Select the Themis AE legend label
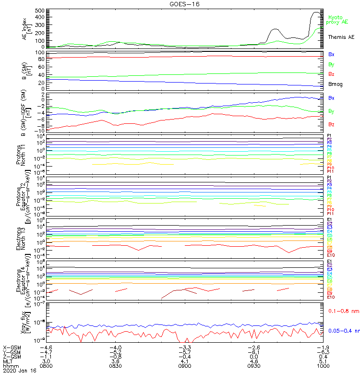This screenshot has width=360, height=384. point(341,37)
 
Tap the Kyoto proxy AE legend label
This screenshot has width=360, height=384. point(337,20)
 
